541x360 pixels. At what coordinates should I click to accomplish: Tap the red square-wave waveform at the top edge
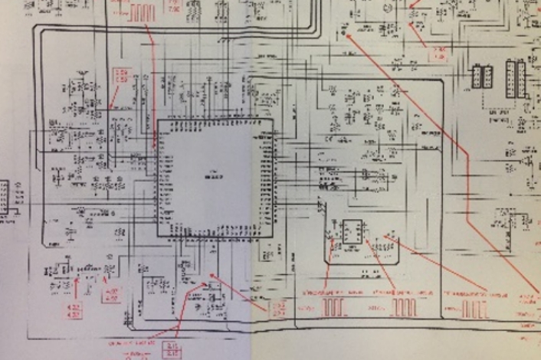tap(142, 12)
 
